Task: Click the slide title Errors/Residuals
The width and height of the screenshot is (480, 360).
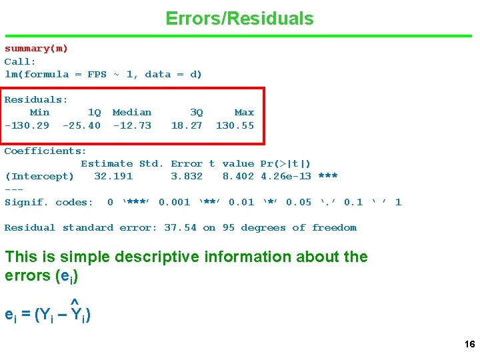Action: (239, 19)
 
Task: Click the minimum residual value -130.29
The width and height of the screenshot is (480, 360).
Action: (27, 125)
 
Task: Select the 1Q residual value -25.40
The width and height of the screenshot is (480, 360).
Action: (81, 125)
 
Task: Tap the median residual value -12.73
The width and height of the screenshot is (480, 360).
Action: (132, 125)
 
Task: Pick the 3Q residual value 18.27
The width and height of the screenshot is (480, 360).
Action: (187, 125)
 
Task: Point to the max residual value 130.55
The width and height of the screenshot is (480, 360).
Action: (235, 125)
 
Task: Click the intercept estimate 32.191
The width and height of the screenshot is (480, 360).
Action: (113, 177)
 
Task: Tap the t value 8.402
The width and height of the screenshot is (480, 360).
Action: (238, 177)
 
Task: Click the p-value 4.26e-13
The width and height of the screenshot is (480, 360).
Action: (286, 177)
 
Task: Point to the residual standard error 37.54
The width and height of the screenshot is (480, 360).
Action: (181, 228)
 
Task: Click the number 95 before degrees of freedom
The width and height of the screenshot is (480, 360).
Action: (229, 228)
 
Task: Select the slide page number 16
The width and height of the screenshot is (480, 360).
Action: (469, 345)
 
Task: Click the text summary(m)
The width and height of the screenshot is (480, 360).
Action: (36, 49)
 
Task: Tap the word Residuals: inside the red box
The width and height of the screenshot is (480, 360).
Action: (36, 100)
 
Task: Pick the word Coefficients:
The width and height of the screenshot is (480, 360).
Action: (45, 151)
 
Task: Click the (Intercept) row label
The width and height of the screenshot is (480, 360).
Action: (39, 177)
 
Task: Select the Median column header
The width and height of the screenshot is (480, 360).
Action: (132, 113)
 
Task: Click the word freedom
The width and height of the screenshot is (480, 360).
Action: (334, 228)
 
